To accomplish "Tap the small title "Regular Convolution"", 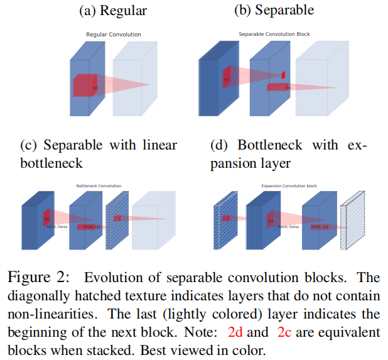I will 114,34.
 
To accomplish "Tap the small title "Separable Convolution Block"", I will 274,34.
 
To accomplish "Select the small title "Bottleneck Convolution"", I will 99,186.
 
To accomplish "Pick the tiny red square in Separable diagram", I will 283,75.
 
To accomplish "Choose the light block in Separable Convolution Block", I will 320,82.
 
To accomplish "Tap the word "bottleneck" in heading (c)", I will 52,163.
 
